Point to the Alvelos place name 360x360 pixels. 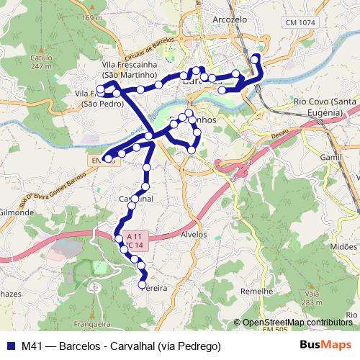point(194,235)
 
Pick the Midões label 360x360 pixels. point(343,246)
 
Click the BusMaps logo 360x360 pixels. point(326,346)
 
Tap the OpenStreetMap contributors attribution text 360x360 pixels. point(297,323)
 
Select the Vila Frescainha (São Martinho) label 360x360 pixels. point(130,69)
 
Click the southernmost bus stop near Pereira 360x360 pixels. point(142,284)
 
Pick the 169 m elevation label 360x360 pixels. point(91,17)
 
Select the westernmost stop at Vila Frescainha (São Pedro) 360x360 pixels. point(100,90)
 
